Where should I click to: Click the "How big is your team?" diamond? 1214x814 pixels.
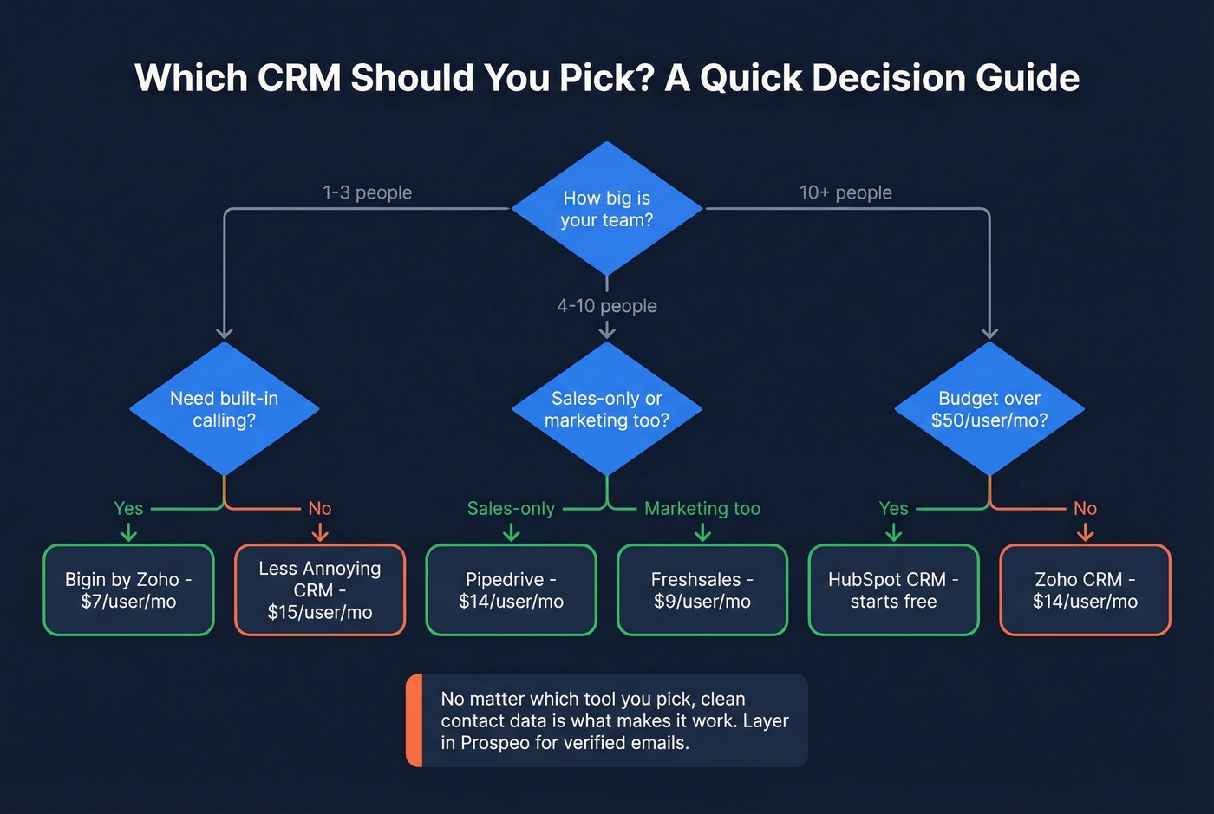click(x=606, y=209)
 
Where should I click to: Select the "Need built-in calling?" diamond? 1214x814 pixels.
click(x=224, y=409)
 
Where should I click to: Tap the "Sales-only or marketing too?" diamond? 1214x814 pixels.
click(x=606, y=409)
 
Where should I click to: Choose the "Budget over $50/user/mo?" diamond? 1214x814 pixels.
click(x=989, y=409)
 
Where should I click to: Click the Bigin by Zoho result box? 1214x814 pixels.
click(x=128, y=590)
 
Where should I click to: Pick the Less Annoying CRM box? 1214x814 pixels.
click(x=320, y=590)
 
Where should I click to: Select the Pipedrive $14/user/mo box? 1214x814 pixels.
click(x=511, y=590)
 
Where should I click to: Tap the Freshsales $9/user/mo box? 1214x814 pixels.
click(x=702, y=590)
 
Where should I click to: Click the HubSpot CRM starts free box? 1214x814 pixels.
click(x=893, y=590)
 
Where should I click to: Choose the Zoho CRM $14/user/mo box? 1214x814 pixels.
click(x=1085, y=590)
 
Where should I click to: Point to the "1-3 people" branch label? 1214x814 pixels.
click(x=367, y=192)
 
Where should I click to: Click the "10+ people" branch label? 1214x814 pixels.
click(x=845, y=192)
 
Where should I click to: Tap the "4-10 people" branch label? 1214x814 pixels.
click(x=606, y=306)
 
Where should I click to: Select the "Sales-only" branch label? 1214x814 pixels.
click(x=511, y=509)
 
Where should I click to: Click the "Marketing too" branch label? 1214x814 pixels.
click(x=702, y=509)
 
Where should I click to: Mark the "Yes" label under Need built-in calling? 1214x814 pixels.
click(x=128, y=509)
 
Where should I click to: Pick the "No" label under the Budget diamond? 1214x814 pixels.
click(x=1085, y=509)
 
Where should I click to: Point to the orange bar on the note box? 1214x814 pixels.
click(x=414, y=720)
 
